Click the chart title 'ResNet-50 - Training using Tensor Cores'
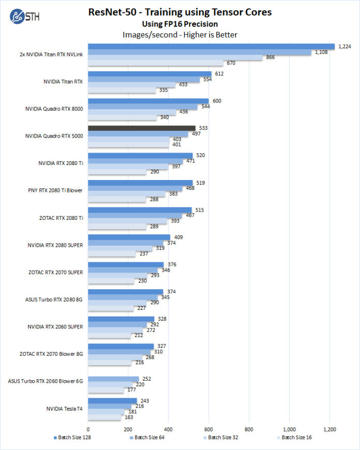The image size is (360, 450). [x=179, y=11]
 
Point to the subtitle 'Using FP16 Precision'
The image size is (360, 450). [x=179, y=23]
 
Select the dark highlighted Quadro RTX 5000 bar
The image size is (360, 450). [x=142, y=128]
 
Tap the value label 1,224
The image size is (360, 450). [x=344, y=47]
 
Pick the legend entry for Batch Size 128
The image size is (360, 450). [x=73, y=438]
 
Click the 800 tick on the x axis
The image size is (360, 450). [x=249, y=429]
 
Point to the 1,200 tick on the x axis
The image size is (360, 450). [x=329, y=429]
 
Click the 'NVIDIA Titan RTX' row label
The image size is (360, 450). [x=63, y=81]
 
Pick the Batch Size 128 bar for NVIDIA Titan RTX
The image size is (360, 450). [x=149, y=74]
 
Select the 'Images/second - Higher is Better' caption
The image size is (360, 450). [x=179, y=35]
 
